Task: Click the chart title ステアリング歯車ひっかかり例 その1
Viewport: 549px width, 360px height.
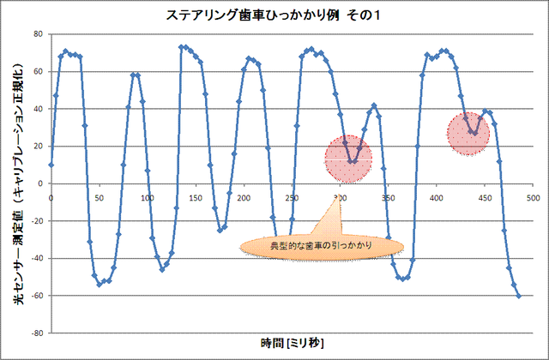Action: (x=274, y=15)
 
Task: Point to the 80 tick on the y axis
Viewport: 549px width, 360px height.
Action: (x=38, y=34)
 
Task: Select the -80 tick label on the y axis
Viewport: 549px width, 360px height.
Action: (x=36, y=333)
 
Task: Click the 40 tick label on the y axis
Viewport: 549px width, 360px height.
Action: (x=38, y=109)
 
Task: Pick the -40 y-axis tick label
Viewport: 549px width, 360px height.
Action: (x=36, y=258)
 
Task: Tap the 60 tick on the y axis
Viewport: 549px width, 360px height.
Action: (x=38, y=71)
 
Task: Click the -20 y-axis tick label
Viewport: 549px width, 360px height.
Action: (x=36, y=221)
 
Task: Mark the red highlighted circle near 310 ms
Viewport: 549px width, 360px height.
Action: (x=350, y=159)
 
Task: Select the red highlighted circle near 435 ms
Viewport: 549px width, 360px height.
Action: (x=468, y=134)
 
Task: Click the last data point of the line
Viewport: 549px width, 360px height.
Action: (x=519, y=296)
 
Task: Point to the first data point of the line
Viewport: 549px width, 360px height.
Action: (x=51, y=165)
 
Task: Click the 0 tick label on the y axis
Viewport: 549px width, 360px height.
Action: (x=40, y=183)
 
